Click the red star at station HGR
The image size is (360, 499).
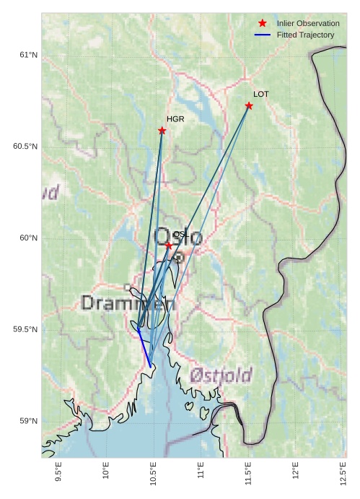(162, 131)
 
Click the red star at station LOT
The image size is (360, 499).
(249, 106)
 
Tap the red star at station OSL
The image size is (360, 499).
(169, 246)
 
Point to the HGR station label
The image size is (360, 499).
(175, 119)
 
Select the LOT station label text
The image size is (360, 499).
(261, 94)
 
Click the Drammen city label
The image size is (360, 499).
(128, 303)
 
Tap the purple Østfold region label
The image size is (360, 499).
(221, 376)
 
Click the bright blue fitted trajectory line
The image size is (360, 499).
(144, 349)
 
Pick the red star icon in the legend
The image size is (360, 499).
(262, 23)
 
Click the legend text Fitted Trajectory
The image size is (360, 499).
(305, 35)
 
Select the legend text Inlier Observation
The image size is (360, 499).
(308, 23)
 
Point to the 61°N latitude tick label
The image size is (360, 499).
(28, 55)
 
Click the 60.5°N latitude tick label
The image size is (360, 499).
(25, 147)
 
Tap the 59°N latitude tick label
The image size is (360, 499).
(28, 421)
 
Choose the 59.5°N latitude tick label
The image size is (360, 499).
(25, 329)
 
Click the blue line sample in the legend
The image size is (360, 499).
(262, 35)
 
